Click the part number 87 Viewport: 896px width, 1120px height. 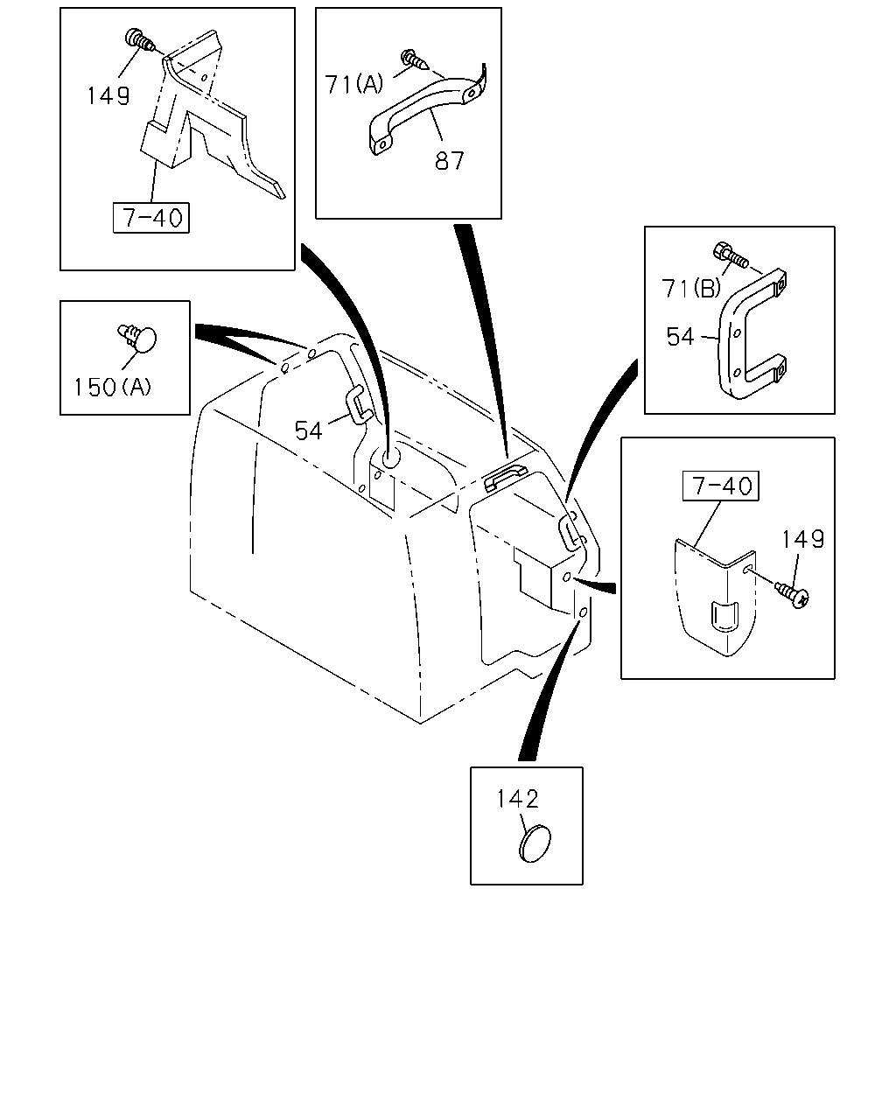coord(449,160)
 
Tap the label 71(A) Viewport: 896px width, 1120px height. coord(354,84)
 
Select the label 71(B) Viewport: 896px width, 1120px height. coord(691,288)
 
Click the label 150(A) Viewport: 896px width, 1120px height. coord(113,387)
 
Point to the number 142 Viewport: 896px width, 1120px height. coord(517,799)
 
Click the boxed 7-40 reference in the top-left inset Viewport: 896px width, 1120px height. coord(151,218)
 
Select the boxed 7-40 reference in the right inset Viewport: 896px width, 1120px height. coord(721,486)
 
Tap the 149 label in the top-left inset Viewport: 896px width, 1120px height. coord(108,95)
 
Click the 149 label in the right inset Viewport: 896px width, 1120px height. coord(802,539)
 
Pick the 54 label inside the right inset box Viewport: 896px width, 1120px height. coord(680,337)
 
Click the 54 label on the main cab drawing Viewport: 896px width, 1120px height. coord(308,430)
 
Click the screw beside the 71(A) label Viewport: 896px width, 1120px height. coord(415,59)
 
